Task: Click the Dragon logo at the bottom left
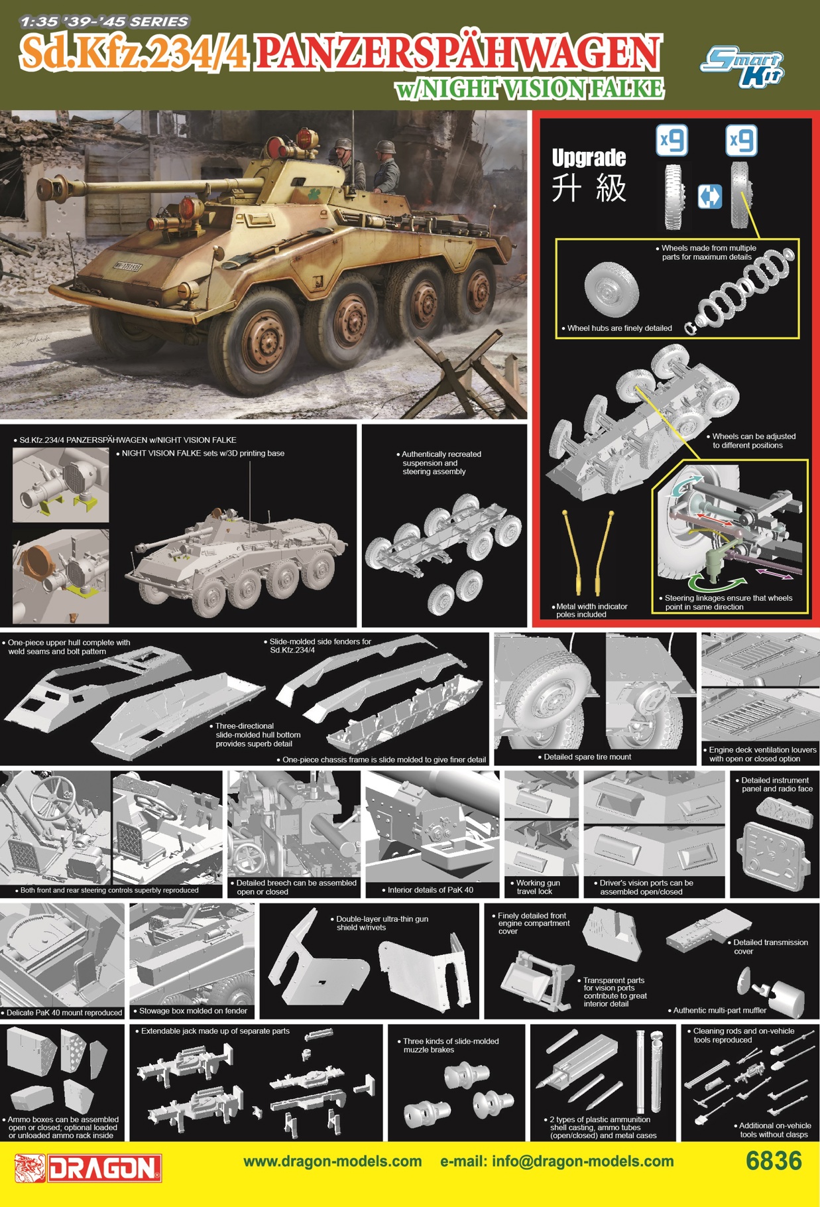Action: (x=88, y=1168)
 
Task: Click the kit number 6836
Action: (x=773, y=1161)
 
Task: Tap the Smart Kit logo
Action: (x=742, y=67)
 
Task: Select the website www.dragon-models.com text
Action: (x=332, y=1161)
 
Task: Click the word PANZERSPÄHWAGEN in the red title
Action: (x=457, y=53)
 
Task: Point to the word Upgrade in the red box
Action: (x=589, y=158)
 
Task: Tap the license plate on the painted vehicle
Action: (x=127, y=267)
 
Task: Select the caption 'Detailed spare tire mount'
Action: (x=587, y=757)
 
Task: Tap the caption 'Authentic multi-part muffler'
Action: (x=719, y=1010)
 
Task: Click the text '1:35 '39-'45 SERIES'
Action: (x=103, y=21)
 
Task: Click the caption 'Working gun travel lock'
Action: (x=538, y=887)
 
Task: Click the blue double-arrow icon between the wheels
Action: (x=709, y=197)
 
